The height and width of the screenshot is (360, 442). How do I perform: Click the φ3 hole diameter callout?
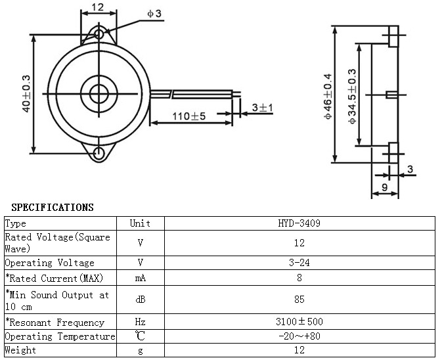coord(154,13)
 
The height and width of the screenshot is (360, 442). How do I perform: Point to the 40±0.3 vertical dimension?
coord(26,93)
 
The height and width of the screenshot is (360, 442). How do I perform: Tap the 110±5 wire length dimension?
coord(189,116)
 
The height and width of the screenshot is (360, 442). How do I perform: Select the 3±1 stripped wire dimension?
coord(263,107)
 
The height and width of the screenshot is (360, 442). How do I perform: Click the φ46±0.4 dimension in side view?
coord(328,97)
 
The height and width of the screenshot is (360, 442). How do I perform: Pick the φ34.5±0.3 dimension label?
coord(352,97)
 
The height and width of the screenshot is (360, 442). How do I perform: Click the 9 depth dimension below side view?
coord(384,187)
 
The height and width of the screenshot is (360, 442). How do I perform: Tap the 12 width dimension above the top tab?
coord(98,7)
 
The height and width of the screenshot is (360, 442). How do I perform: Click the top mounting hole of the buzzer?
coord(99,34)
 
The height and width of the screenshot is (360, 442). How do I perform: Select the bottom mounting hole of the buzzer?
coord(99,154)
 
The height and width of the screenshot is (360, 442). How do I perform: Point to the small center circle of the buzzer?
coord(99,94)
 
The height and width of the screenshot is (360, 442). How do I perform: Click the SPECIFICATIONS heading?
coord(53,207)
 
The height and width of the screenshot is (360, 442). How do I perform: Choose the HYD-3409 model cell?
coord(299,223)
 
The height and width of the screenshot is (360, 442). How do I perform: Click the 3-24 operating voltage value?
coord(299,263)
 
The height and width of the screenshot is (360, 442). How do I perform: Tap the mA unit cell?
coord(141,278)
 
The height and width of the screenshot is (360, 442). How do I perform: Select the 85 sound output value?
coord(299,299)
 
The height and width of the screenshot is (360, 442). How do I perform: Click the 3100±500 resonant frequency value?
coord(299,321)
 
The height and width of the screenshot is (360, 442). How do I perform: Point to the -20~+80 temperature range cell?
coord(299,336)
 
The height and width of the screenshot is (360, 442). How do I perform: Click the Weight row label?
coord(20,350)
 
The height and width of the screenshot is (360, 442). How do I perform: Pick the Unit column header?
coord(140,223)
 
